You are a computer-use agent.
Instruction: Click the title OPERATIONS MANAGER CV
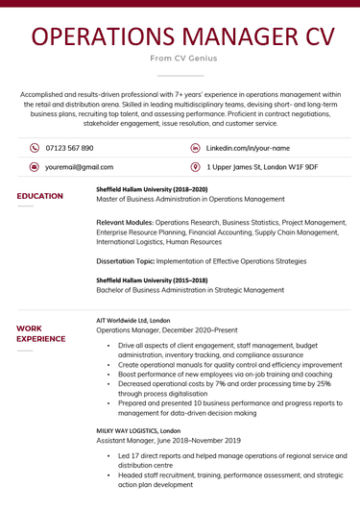tap(180, 36)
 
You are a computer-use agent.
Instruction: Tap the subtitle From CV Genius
tap(180, 59)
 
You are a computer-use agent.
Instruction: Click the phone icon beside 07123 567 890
tap(35, 148)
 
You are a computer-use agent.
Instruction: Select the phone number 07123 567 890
tap(69, 148)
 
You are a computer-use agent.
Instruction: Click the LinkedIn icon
tap(196, 148)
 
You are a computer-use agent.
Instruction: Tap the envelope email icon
tap(35, 166)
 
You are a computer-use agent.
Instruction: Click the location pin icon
tap(196, 166)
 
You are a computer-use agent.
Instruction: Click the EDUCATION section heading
tap(40, 196)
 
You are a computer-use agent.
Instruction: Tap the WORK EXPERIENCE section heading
tap(41, 333)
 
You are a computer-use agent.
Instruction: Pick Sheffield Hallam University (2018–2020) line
tap(152, 189)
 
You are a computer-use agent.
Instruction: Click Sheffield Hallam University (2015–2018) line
tap(152, 279)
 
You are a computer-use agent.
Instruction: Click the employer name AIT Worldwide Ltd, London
tap(133, 320)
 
